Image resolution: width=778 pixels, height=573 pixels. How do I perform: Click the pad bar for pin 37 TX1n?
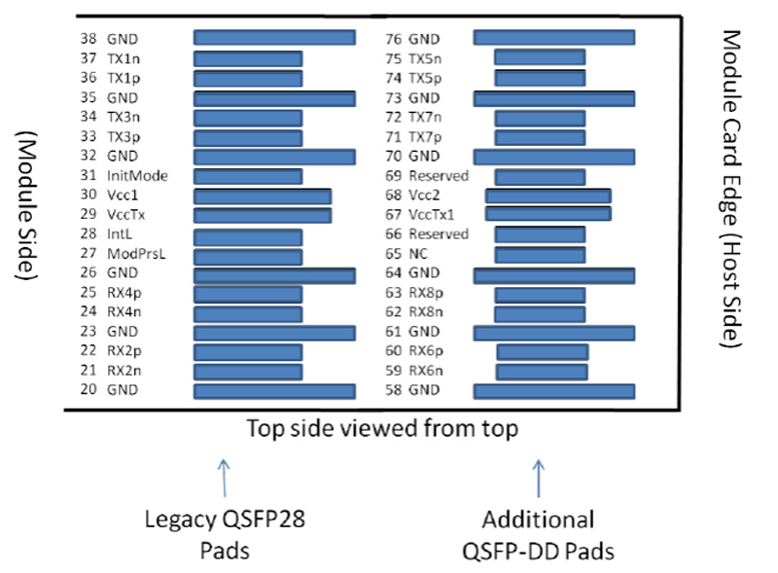coord(248,58)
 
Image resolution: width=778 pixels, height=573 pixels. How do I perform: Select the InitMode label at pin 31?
coord(137,176)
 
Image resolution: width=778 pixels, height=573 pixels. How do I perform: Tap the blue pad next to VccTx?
coord(263,215)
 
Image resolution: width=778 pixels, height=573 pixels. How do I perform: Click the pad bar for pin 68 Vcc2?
coord(548,196)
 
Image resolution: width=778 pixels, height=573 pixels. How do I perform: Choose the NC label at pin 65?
coord(417,254)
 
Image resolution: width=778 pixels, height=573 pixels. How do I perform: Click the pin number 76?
coord(394,39)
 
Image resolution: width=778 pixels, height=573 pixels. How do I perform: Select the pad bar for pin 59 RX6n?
coord(542,372)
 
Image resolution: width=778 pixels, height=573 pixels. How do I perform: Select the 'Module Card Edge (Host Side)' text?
coord(732,190)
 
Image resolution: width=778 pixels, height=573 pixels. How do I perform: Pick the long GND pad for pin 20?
coord(274,391)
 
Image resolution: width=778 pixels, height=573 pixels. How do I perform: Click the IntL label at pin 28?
coord(119,234)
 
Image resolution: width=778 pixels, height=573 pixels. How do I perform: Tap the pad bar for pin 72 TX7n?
coord(540,118)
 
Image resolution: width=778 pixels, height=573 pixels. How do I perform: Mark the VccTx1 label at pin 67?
coord(432,215)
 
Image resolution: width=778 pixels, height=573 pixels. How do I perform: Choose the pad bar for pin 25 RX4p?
coord(248,294)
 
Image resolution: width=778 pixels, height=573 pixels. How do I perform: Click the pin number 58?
coord(394,391)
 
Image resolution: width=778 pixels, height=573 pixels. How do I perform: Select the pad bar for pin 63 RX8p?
coord(540,294)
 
